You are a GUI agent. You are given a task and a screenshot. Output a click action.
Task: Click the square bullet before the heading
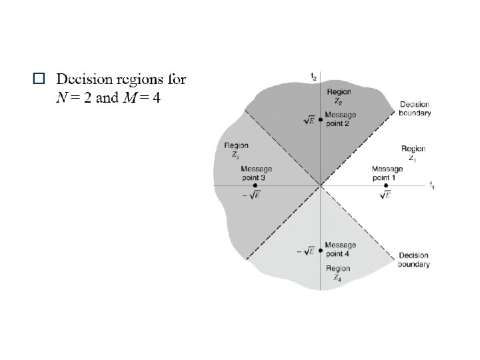pyautogui.click(x=39, y=80)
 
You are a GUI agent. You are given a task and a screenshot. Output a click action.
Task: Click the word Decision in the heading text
pyautogui.click(x=83, y=80)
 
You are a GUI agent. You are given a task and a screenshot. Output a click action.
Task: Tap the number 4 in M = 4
pyautogui.click(x=157, y=99)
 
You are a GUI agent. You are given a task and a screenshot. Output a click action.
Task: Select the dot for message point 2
pyautogui.click(x=321, y=119)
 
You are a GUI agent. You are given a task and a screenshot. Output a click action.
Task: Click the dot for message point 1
pyautogui.click(x=386, y=185)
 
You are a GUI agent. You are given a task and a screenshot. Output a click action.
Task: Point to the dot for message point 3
pyautogui.click(x=255, y=185)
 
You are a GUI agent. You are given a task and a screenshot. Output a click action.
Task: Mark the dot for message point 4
pyautogui.click(x=321, y=251)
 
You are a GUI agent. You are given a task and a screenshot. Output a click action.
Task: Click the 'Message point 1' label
pyautogui.click(x=387, y=173)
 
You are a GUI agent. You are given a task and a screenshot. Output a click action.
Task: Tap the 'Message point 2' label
pyautogui.click(x=340, y=119)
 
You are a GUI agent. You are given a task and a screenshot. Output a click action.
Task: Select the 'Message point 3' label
pyautogui.click(x=256, y=173)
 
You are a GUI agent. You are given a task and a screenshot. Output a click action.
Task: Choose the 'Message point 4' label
pyautogui.click(x=340, y=249)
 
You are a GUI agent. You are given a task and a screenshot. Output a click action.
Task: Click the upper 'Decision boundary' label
pyautogui.click(x=415, y=109)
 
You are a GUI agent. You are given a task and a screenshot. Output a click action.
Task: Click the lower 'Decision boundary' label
pyautogui.click(x=414, y=260)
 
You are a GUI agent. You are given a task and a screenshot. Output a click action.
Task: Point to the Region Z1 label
pyautogui.click(x=413, y=153)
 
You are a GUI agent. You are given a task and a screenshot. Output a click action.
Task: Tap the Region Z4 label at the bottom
pyautogui.click(x=338, y=273)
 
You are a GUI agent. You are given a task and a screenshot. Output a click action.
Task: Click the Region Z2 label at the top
pyautogui.click(x=339, y=96)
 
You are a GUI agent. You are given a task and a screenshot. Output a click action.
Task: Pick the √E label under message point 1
pyautogui.click(x=385, y=195)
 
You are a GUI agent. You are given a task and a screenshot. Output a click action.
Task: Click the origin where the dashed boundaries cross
pyautogui.click(x=321, y=185)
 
